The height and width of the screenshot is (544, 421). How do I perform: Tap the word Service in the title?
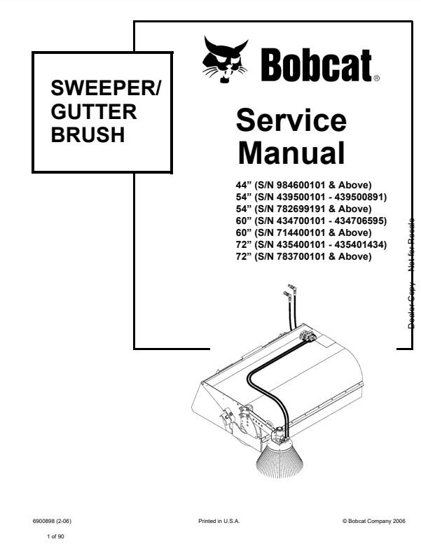point(291,121)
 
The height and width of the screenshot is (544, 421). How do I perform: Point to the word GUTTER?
point(94,112)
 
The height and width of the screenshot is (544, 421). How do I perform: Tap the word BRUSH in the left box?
point(88,134)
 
